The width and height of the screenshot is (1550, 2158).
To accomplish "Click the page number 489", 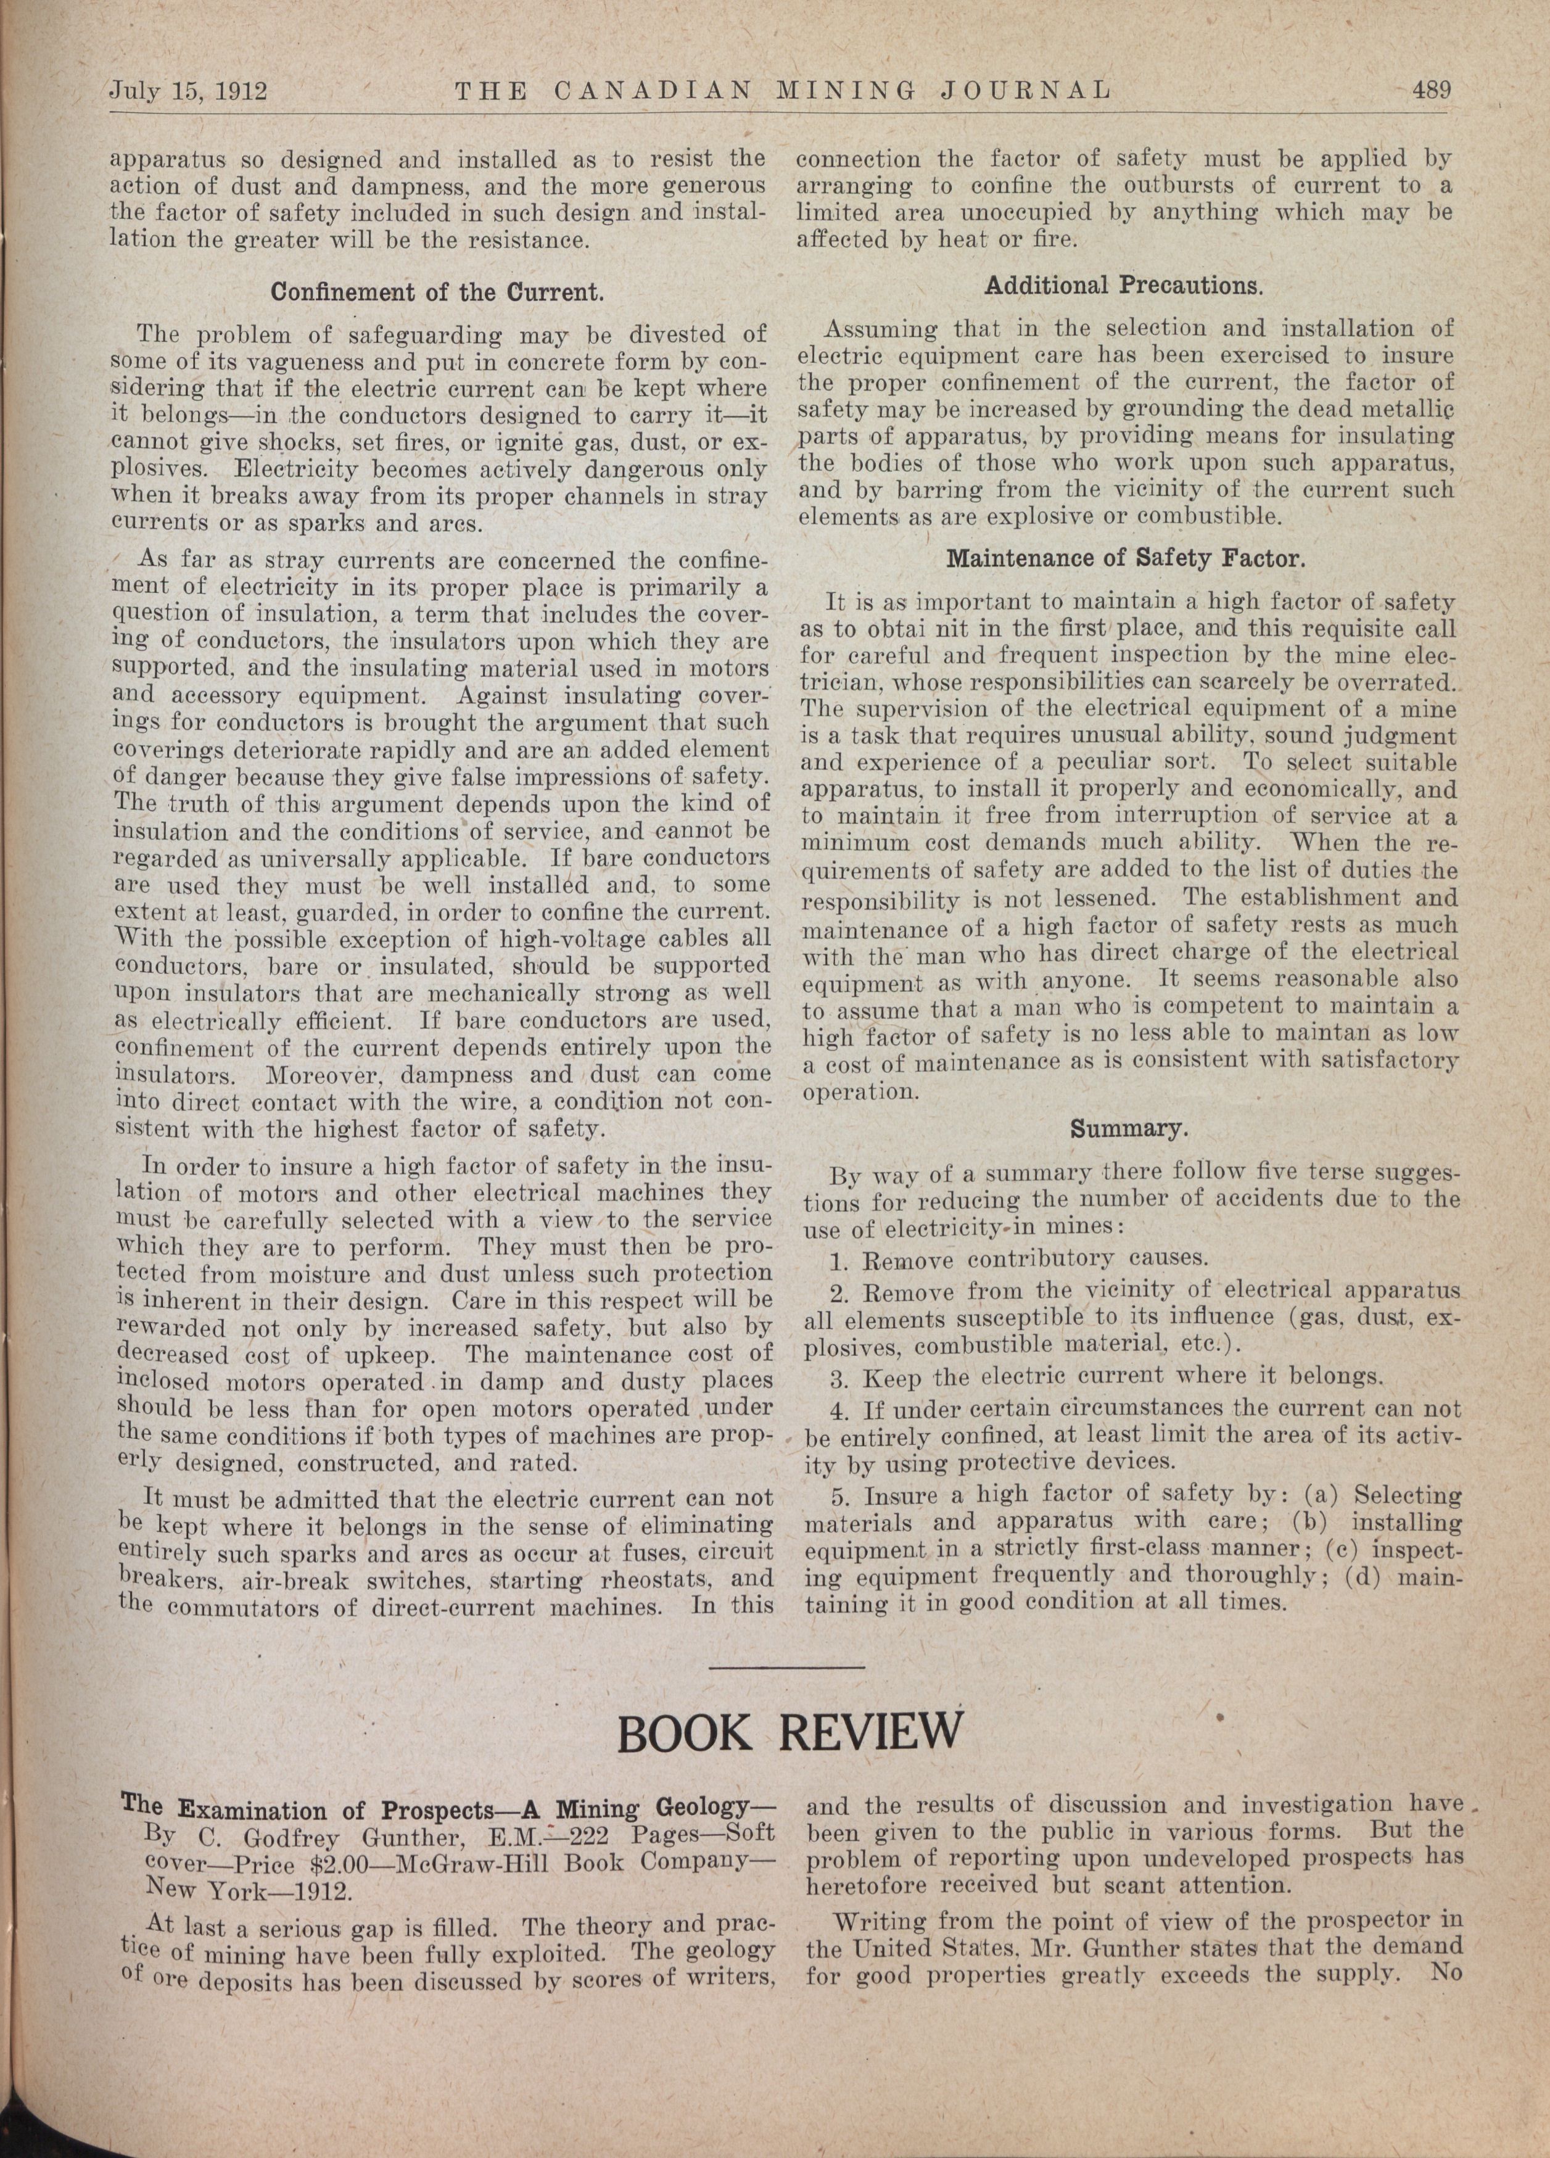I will click(x=1430, y=91).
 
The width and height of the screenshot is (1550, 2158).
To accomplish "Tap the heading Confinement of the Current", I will click(x=438, y=292).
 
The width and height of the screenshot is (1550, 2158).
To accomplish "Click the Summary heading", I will click(x=1129, y=1130).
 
